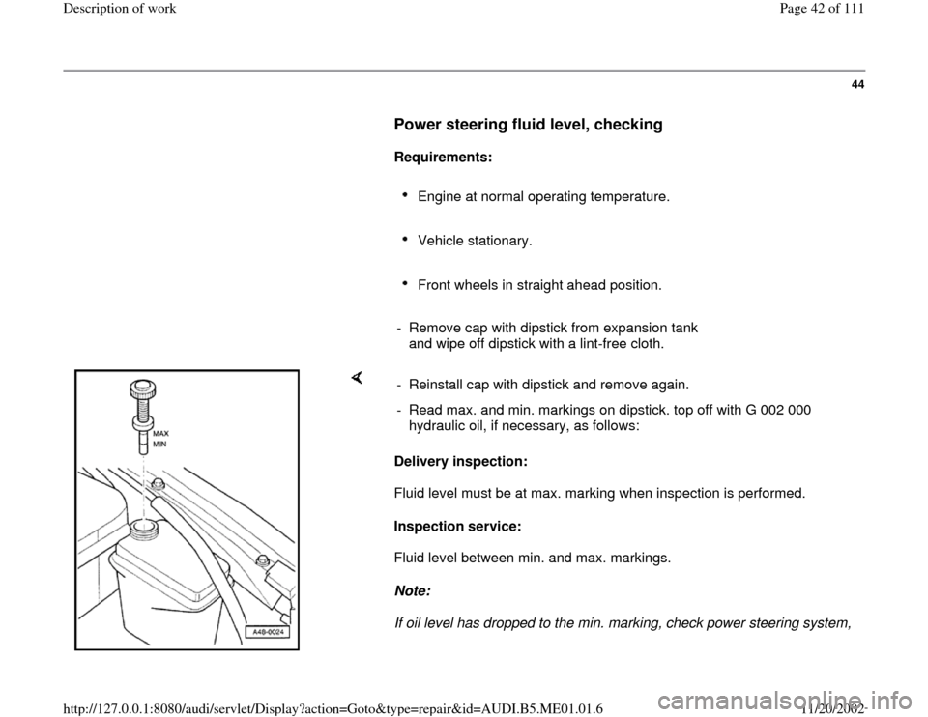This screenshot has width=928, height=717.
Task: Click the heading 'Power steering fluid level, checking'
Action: click(527, 125)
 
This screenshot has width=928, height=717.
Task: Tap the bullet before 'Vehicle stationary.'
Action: click(409, 240)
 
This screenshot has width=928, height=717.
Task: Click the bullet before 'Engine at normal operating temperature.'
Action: click(409, 196)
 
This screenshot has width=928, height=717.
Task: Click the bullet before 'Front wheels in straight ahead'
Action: click(409, 284)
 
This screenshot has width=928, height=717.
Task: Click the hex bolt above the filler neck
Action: click(161, 485)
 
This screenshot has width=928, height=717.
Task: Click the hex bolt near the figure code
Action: click(263, 559)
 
